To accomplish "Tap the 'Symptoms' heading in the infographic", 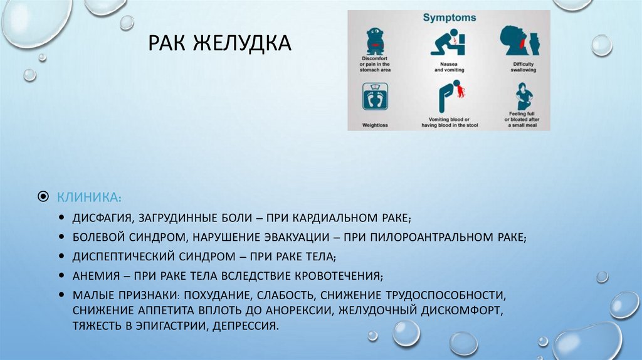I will click(x=450, y=18).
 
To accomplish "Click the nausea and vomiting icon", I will click(x=449, y=43).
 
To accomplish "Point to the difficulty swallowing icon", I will click(x=519, y=41).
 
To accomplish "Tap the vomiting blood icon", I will click(x=451, y=97).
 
